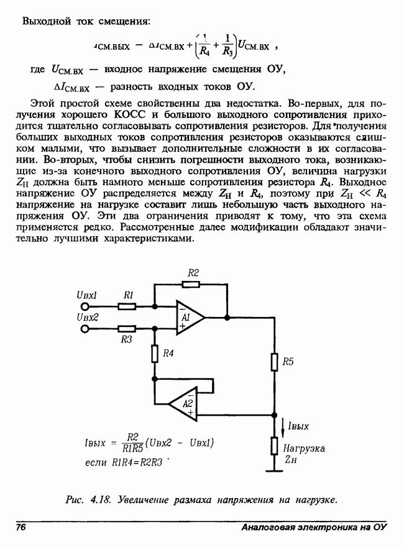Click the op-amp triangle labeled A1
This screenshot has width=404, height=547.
(x=189, y=318)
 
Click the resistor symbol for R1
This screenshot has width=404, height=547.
(x=127, y=306)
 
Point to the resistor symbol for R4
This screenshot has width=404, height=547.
(x=154, y=353)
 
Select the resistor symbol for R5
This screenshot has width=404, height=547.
(x=273, y=362)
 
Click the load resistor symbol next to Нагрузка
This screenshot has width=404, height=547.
(x=273, y=446)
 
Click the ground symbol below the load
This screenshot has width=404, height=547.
(x=273, y=471)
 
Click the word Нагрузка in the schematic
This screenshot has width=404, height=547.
(x=304, y=448)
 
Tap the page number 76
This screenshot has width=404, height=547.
(x=21, y=527)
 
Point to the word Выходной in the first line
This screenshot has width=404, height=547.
(x=44, y=22)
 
